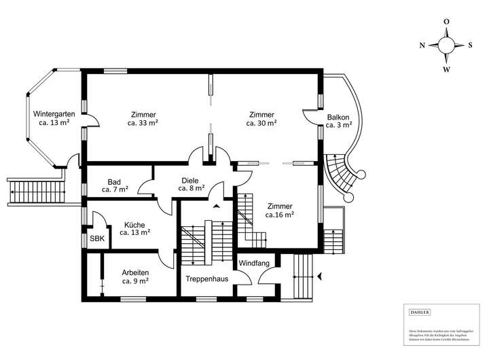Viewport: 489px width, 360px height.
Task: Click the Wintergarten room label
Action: (54, 113)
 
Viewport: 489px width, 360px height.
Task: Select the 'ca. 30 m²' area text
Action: (261, 124)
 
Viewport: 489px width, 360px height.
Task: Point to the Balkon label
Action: (338, 116)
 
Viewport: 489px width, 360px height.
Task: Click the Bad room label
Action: (115, 181)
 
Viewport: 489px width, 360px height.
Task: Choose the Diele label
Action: (189, 181)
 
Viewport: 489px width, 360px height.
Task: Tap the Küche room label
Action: (133, 223)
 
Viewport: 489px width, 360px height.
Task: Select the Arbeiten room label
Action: (135, 272)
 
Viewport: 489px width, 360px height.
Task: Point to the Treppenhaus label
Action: (207, 278)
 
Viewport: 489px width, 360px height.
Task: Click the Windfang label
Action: (253, 263)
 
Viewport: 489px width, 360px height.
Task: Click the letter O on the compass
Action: (446, 22)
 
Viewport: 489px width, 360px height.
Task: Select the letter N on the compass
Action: (422, 46)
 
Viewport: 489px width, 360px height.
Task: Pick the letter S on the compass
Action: (470, 46)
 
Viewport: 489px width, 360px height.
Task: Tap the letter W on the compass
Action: (446, 69)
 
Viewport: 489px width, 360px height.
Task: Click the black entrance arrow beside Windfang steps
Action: (319, 276)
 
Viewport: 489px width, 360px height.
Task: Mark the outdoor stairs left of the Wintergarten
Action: (36, 192)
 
